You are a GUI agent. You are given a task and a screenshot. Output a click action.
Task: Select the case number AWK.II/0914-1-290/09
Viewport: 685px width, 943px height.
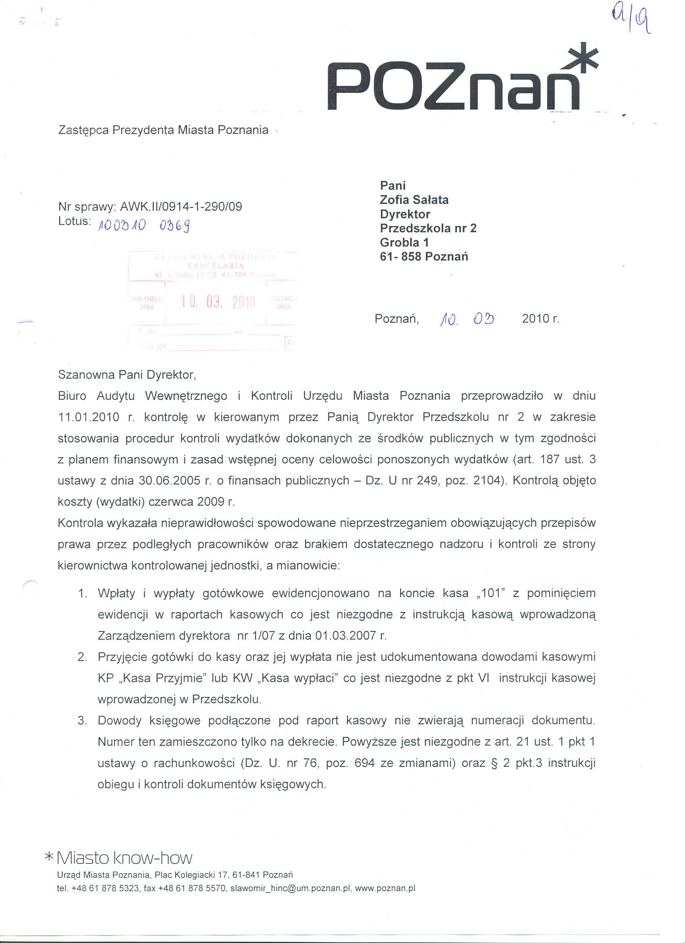[181, 207]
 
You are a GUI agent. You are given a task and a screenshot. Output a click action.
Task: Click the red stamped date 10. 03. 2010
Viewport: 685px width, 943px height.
[218, 302]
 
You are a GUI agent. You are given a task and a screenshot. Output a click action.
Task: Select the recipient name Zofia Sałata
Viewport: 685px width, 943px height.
[414, 200]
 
